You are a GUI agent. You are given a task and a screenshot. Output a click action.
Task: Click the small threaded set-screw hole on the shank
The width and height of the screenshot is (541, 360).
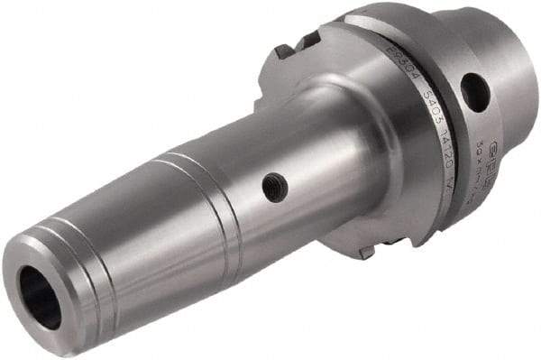click(x=276, y=187)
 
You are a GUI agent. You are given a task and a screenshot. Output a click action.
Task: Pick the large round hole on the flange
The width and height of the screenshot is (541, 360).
click(x=474, y=92)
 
